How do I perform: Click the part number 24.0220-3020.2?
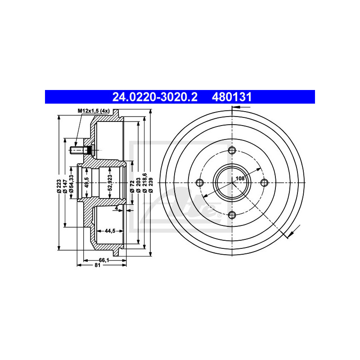[155, 97]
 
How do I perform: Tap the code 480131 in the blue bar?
[232, 97]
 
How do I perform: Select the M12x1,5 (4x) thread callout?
[94, 111]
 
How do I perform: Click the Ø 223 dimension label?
[59, 186]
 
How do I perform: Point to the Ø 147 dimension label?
[65, 186]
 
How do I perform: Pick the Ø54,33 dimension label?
[72, 184]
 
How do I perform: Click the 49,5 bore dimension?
[87, 182]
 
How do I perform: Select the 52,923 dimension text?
[110, 183]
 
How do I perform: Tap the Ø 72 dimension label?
[132, 186]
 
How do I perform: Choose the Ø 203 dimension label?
[138, 185]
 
